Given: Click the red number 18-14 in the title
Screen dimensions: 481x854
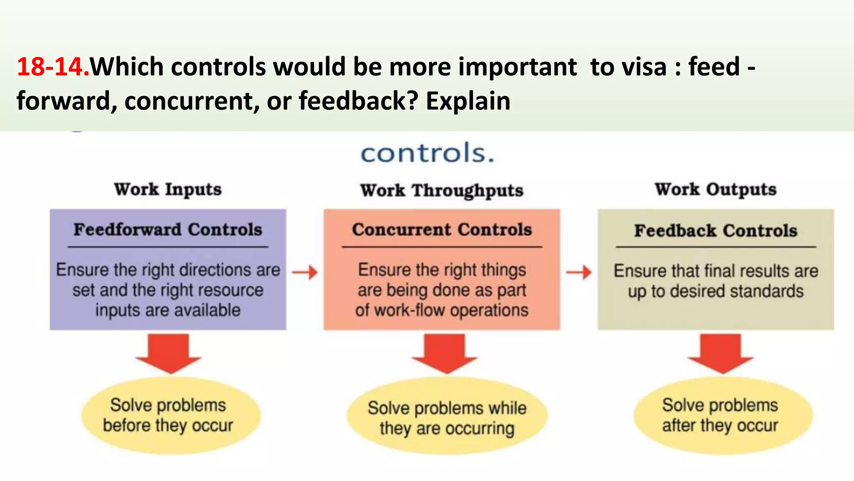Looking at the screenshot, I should tap(53, 67).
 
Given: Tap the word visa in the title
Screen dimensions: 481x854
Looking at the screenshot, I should tap(645, 67).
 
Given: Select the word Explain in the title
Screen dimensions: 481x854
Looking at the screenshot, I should tap(468, 101).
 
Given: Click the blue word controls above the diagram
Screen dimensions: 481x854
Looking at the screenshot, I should tap(427, 153).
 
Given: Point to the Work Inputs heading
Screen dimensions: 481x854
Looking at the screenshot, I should tap(168, 190).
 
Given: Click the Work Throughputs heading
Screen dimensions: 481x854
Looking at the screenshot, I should tap(442, 190).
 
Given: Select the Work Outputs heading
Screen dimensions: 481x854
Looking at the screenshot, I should tap(716, 190).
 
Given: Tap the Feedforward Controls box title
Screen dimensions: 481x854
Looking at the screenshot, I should tap(168, 230).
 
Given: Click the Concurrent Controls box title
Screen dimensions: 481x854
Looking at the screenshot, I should tap(442, 230).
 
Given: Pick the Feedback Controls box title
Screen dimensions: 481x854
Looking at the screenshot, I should tap(716, 230).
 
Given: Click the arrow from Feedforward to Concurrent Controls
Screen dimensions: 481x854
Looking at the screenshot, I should tap(305, 273).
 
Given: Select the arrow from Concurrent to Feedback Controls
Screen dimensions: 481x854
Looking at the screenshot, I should tap(579, 273).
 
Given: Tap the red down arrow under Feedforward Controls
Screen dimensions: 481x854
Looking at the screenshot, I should tap(168, 353).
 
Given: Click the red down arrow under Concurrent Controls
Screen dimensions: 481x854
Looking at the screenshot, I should tap(445, 353).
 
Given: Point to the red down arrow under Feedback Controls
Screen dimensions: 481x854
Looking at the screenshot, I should tap(721, 353).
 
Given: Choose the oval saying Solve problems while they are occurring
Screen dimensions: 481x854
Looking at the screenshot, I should tap(447, 418).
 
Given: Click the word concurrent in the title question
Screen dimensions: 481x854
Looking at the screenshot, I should tap(189, 101).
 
